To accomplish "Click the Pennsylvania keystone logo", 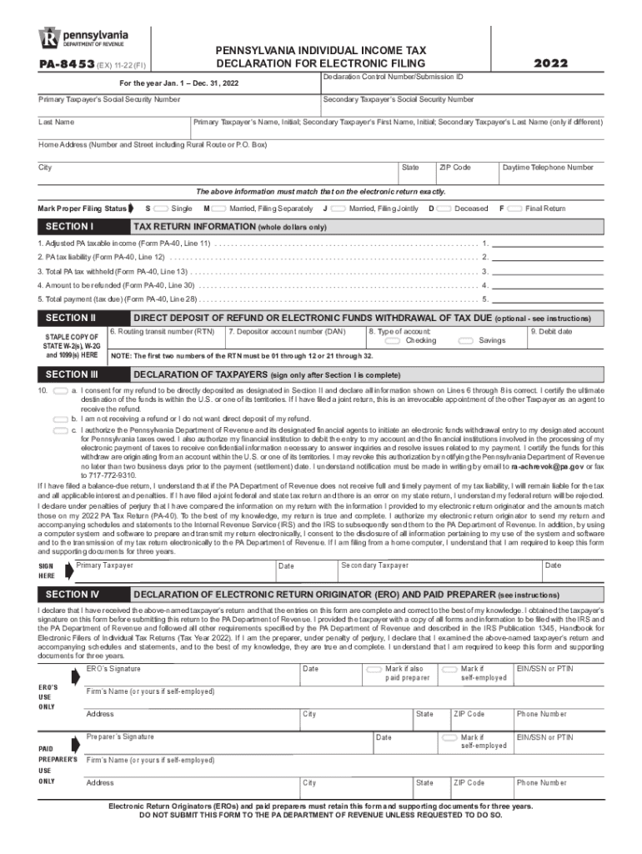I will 49,38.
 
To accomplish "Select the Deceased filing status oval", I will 444,208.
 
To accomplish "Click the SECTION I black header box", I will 81,227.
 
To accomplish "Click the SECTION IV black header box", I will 81,595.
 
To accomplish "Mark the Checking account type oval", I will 392,340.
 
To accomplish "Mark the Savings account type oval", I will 465,340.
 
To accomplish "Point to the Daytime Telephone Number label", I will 548,168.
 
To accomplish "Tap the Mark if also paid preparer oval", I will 374,669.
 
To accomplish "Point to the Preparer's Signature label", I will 121,737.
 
